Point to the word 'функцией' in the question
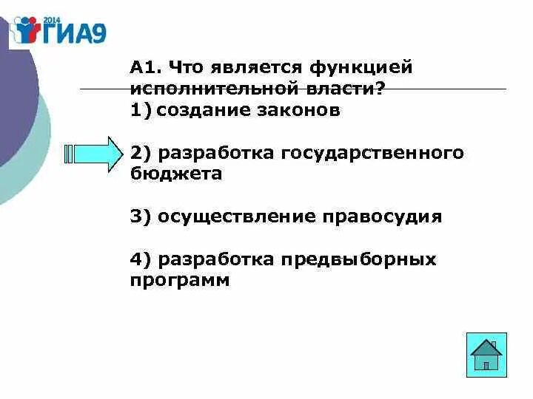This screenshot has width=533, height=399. click(x=361, y=68)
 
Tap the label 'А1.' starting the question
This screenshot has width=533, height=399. click(x=145, y=68)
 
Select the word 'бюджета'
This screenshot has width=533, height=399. click(x=176, y=174)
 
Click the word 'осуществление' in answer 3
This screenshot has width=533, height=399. click(x=234, y=217)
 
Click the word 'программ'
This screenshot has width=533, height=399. click(x=180, y=281)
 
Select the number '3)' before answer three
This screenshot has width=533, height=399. click(x=141, y=217)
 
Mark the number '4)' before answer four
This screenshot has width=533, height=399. click(x=141, y=260)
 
